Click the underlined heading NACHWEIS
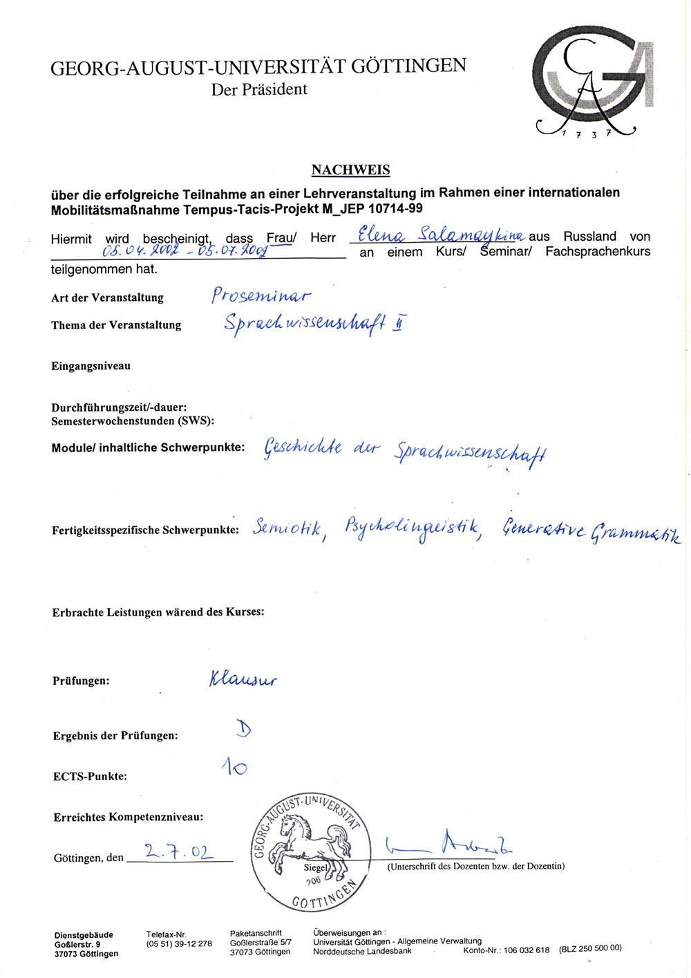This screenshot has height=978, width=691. click(350, 169)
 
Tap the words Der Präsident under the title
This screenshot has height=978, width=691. click(259, 89)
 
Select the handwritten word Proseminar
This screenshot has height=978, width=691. click(261, 295)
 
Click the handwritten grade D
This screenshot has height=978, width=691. click(244, 728)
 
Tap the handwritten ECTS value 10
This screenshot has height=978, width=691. click(234, 766)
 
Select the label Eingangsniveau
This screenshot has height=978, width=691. click(91, 365)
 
